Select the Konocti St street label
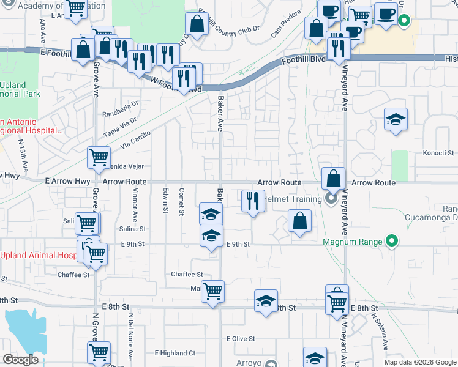438,152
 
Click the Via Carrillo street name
135,143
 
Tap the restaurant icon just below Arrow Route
252,200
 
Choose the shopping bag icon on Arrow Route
333,179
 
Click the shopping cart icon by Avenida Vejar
99,157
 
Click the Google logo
20,360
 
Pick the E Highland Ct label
175,353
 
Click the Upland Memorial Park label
20,89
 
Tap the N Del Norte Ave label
130,337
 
